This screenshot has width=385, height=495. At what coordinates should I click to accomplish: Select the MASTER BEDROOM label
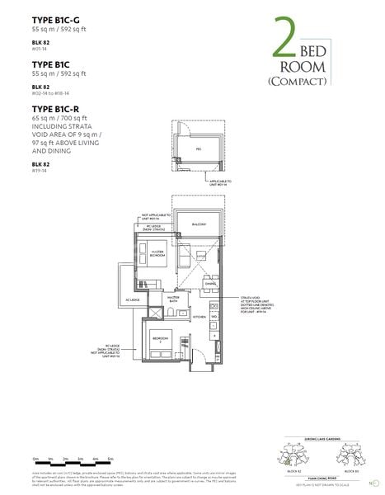(152, 252)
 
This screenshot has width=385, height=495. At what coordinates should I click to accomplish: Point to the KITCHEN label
(199, 316)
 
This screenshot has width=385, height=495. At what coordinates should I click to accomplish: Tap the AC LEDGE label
(111, 300)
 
